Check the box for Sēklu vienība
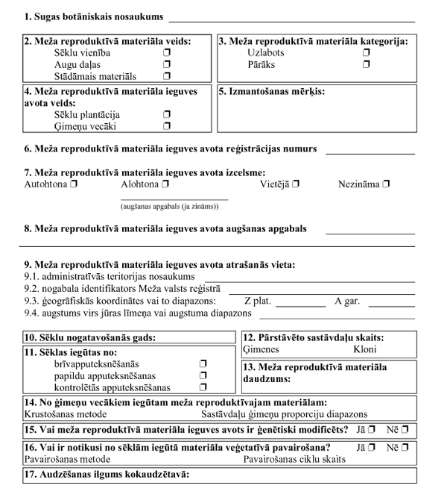[167, 54]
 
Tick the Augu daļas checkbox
[167, 66]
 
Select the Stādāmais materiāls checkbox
[167, 77]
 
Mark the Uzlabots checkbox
[366, 54]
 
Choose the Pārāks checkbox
[366, 66]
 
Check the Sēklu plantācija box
[167, 116]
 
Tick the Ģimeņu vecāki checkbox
[167, 127]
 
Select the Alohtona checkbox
[165, 184]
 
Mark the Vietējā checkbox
[297, 184]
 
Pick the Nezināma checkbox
[386, 184]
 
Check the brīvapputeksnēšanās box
[203, 364]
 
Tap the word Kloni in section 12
[365, 349]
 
